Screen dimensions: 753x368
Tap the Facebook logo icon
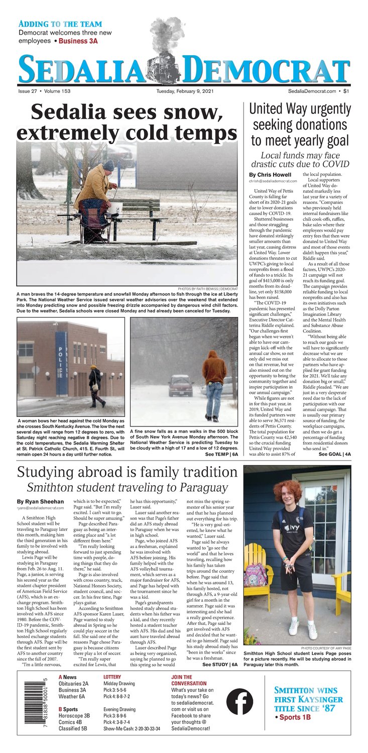coord(239,701)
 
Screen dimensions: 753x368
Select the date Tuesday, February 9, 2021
coord(184,91)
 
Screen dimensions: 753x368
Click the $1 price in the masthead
coord(346,91)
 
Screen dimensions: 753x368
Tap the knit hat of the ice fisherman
coord(108,165)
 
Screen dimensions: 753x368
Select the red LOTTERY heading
coord(112,677)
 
